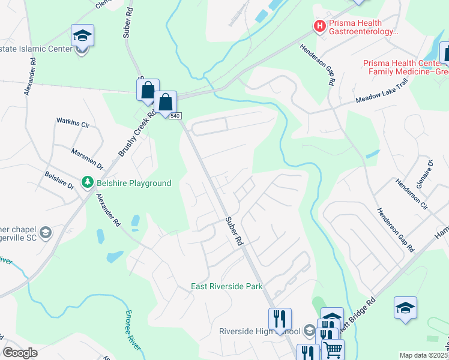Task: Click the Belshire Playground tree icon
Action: tap(88, 181)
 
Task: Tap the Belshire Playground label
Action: tap(132, 184)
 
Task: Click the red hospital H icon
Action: tap(320, 26)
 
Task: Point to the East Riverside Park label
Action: tap(227, 287)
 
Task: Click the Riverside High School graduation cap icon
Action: tap(309, 331)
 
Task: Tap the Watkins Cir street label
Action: tap(73, 124)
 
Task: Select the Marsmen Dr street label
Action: tap(88, 159)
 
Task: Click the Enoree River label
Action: tap(133, 331)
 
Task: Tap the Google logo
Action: tap(20, 353)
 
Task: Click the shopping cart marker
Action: tap(333, 350)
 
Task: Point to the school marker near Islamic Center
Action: tap(82, 37)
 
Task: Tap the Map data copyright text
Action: tap(424, 355)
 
